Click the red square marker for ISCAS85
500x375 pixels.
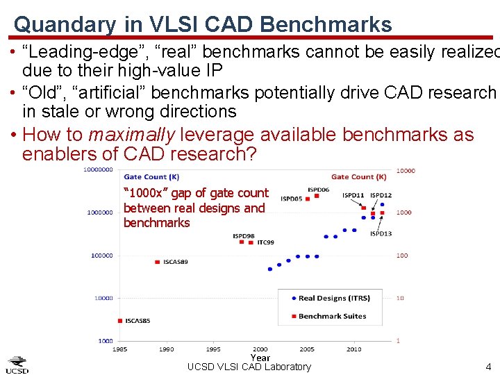pyautogui.click(x=121, y=321)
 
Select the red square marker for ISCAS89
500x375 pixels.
pyautogui.click(x=158, y=262)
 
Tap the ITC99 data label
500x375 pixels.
pyautogui.click(x=265, y=242)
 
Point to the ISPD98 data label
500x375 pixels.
pyautogui.click(x=243, y=236)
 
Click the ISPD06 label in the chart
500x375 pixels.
pyautogui.click(x=318, y=190)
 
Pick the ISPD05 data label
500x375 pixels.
pyautogui.click(x=292, y=199)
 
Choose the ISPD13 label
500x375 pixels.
pyautogui.click(x=381, y=233)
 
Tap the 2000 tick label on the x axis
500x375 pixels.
pyautogui.click(x=260, y=349)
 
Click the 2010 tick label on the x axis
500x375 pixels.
pyautogui.click(x=353, y=349)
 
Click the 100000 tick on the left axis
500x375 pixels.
pyautogui.click(x=101, y=256)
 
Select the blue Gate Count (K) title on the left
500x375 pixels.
pyautogui.click(x=151, y=177)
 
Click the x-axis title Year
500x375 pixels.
pyautogui.click(x=260, y=358)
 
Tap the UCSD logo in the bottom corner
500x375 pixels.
pyautogui.click(x=17, y=365)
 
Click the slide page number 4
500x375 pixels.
pyautogui.click(x=488, y=367)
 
